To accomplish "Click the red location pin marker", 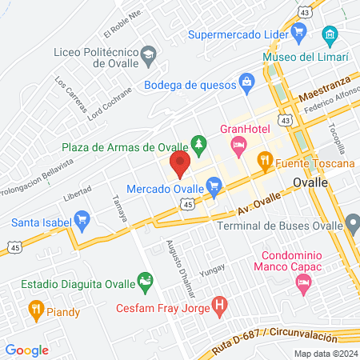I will click(x=179, y=164).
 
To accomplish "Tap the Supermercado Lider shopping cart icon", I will click(x=299, y=33).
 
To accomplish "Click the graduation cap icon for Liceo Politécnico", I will click(x=148, y=54).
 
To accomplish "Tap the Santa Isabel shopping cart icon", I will click(x=81, y=218).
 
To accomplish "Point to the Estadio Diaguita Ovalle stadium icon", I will click(x=145, y=282).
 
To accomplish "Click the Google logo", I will click(x=27, y=350).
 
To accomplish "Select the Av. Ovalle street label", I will click(x=259, y=208).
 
